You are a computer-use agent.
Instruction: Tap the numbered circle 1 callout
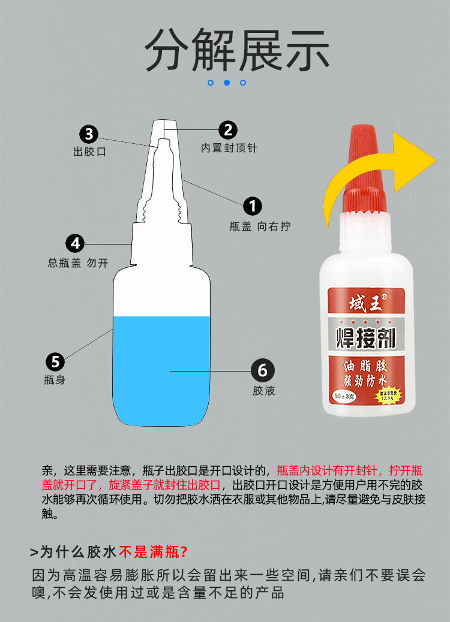click(253, 206)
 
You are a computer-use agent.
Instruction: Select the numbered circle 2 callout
click(227, 129)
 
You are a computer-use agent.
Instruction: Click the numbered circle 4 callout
click(75, 243)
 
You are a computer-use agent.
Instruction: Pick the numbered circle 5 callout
click(55, 361)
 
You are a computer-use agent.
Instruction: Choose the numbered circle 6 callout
click(262, 370)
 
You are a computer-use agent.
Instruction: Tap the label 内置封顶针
click(229, 148)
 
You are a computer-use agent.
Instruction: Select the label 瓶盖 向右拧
click(259, 227)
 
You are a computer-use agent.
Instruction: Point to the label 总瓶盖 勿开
click(78, 262)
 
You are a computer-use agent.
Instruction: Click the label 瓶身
click(55, 380)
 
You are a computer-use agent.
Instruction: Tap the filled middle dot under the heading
click(227, 83)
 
